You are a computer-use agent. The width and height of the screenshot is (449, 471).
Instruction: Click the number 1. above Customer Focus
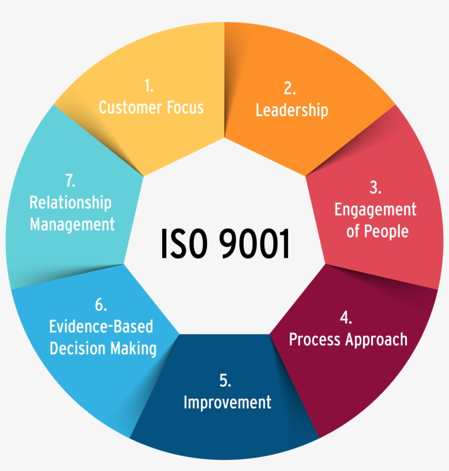click(x=149, y=86)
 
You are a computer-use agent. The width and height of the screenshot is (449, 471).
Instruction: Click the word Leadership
click(x=292, y=110)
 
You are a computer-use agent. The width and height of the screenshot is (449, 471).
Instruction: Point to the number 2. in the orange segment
click(x=291, y=89)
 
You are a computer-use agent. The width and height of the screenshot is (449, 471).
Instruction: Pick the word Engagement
click(x=375, y=210)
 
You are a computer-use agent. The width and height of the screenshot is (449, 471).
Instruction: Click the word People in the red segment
click(x=386, y=231)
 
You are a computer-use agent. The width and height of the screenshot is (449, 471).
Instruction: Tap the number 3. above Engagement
click(x=375, y=188)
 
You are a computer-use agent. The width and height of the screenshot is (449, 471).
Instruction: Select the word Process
click(x=314, y=340)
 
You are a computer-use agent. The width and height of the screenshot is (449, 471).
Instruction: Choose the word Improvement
click(x=227, y=403)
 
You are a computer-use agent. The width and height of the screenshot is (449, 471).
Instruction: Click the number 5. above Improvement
click(x=226, y=381)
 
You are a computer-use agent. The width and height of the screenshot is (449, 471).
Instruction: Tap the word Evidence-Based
click(x=101, y=327)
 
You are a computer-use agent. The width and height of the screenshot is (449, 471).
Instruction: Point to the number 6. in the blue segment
click(x=101, y=305)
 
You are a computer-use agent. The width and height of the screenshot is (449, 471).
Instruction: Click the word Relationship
click(x=70, y=203)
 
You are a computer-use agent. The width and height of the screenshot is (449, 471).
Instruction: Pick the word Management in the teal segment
click(x=72, y=224)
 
